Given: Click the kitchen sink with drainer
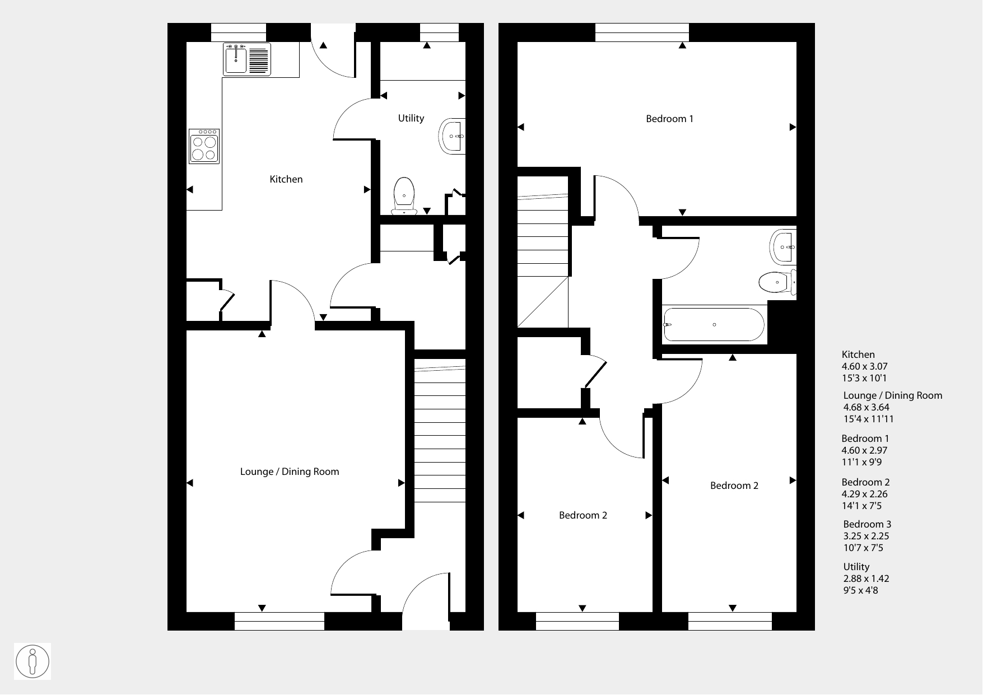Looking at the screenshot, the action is (x=247, y=59).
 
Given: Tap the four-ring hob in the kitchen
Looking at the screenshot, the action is (x=204, y=146).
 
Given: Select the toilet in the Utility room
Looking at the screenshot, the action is (x=404, y=196).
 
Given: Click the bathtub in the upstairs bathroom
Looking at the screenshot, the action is (x=714, y=325).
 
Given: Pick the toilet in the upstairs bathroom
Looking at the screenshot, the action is (x=777, y=282).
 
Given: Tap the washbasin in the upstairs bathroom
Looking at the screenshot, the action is (x=783, y=247).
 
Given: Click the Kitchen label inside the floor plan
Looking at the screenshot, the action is (x=286, y=179).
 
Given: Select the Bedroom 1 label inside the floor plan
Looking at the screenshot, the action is (x=669, y=119).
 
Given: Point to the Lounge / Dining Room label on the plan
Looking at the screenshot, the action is (x=290, y=472).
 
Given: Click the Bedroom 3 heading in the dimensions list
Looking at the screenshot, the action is (x=867, y=524).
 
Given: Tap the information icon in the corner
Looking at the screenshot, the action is (x=32, y=661).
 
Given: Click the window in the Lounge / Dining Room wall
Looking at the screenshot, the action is (x=279, y=621).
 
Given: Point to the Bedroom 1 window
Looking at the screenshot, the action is (x=642, y=32).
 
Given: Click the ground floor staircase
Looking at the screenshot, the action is (x=440, y=431).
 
